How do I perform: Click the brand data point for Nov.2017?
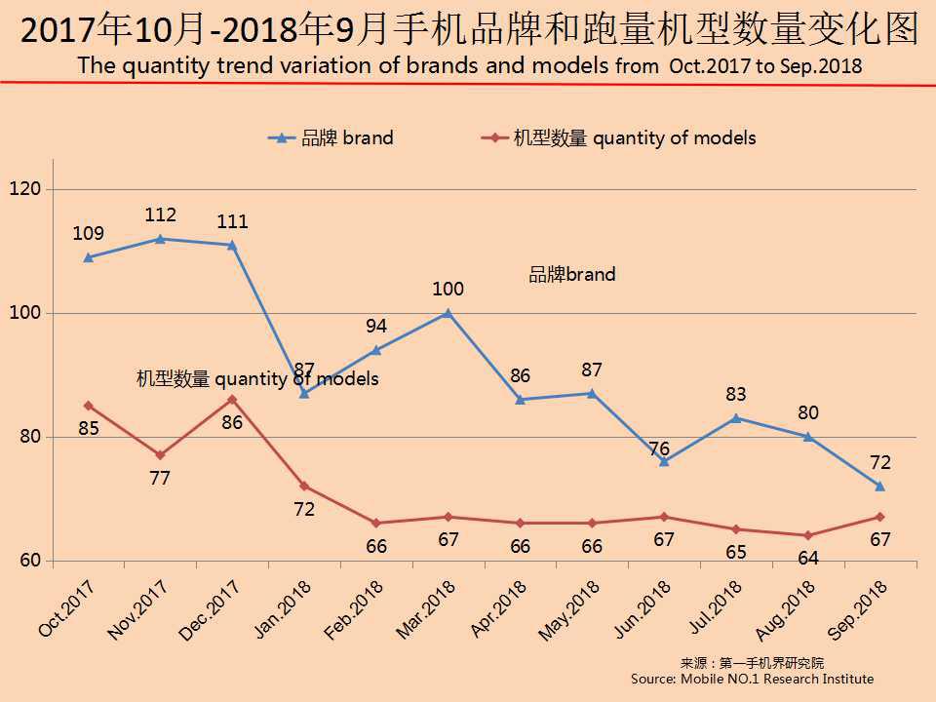point(160,239)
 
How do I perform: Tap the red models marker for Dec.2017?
point(232,400)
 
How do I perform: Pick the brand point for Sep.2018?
point(879,487)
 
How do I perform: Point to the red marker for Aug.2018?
point(807,535)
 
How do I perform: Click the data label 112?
point(160,214)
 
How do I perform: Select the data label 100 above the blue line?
point(448,289)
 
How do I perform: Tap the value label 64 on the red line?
point(807,559)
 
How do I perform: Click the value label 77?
point(160,479)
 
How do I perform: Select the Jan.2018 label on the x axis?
point(282,608)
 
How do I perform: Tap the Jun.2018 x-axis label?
point(642,608)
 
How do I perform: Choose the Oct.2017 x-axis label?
point(67,609)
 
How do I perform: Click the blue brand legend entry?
point(331,138)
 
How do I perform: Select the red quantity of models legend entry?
point(619,138)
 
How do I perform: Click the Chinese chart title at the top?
point(468,30)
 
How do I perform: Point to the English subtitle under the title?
point(468,66)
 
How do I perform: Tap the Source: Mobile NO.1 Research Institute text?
point(752,679)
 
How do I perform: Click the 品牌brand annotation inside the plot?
point(572,275)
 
